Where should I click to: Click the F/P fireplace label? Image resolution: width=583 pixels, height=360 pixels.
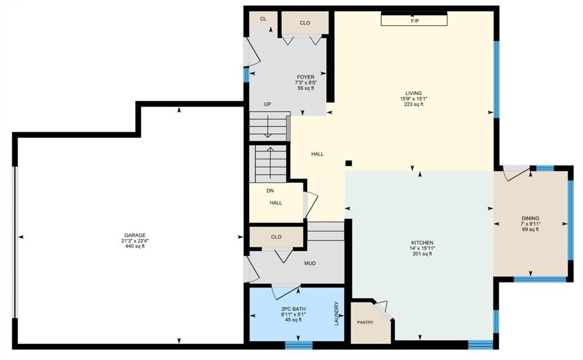[x=414, y=21]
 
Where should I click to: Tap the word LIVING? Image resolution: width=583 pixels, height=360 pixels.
[x=413, y=93]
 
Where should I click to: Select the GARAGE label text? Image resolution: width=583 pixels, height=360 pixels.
[x=135, y=235]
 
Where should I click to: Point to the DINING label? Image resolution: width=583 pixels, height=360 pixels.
[x=530, y=218]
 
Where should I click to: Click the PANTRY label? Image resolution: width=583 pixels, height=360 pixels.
[x=365, y=322]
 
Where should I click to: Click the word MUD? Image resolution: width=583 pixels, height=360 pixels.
[x=310, y=263]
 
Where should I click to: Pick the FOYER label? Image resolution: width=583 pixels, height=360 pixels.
[x=305, y=77]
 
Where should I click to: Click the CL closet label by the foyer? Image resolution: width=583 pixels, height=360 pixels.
[x=263, y=19]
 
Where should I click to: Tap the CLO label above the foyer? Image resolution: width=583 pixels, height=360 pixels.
[x=305, y=23]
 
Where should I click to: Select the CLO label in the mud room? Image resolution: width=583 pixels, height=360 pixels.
[x=276, y=237]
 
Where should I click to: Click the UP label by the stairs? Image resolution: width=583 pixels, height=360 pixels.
[x=267, y=104]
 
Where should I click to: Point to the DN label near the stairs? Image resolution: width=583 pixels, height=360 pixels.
[x=270, y=191]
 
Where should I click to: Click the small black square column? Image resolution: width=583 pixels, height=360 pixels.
[x=349, y=163]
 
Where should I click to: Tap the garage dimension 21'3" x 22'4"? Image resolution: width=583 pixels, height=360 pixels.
[x=135, y=241]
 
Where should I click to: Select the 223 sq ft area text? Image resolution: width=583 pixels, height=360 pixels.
[x=413, y=104]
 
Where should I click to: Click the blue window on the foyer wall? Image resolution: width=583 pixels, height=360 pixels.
[x=247, y=75]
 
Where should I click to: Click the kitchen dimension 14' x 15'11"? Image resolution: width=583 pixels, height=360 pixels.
[x=422, y=248]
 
